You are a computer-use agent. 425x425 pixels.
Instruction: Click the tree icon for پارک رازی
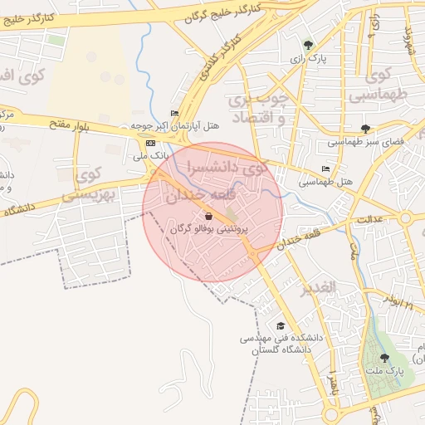tap(308, 45)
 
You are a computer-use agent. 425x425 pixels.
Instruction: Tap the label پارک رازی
tap(315, 60)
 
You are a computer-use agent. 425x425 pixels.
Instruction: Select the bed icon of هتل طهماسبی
tap(325, 169)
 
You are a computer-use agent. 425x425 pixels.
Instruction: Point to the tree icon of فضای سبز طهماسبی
tap(366, 128)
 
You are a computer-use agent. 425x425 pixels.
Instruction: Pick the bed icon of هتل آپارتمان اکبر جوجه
tap(173, 113)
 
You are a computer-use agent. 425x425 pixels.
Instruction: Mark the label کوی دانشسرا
tap(227, 166)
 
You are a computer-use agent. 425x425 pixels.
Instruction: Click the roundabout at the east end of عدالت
tap(405, 218)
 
